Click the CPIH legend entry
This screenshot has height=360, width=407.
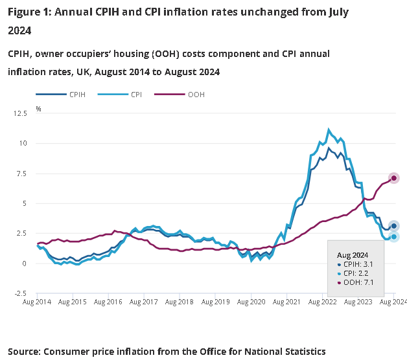(72, 95)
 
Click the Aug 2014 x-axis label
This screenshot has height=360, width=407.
(37, 302)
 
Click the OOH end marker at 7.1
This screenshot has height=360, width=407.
(393, 178)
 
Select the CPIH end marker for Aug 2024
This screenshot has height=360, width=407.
(393, 226)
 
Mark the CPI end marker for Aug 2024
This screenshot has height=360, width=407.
(393, 237)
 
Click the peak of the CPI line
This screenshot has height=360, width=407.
(329, 129)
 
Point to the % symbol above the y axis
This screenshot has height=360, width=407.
(38, 109)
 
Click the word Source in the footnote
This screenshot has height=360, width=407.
(23, 351)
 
